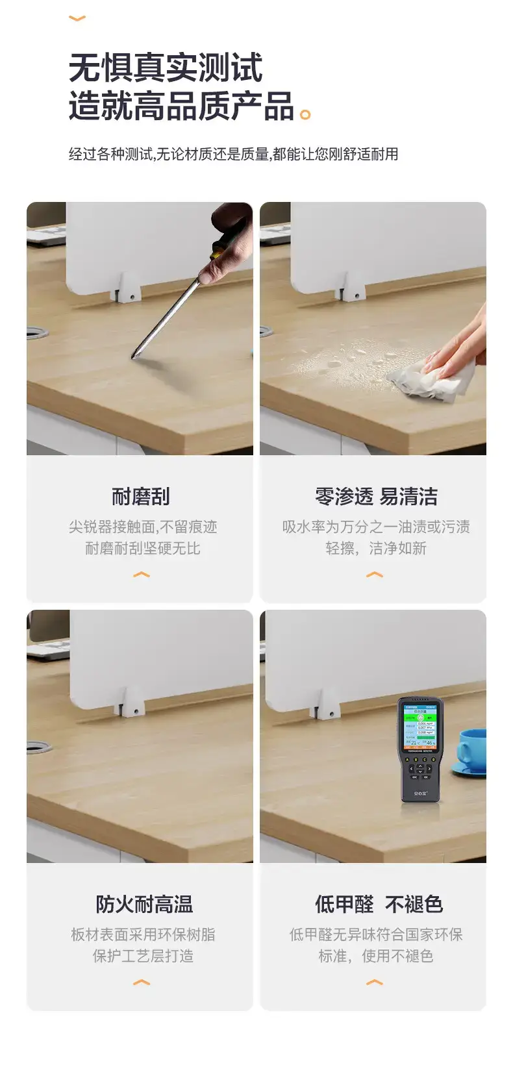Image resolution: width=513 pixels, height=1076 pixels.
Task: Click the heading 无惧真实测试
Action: (166, 68)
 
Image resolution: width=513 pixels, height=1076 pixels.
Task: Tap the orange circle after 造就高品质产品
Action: (305, 115)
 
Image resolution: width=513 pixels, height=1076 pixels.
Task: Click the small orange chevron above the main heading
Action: (77, 19)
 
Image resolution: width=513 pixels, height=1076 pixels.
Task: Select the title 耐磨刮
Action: (141, 496)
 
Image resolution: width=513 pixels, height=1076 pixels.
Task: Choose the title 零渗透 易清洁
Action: (376, 496)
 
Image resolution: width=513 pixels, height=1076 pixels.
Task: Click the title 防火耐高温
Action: (144, 904)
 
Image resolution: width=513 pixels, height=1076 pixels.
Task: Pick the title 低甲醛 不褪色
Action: (379, 904)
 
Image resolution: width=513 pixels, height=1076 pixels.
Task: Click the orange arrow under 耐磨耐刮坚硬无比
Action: (141, 574)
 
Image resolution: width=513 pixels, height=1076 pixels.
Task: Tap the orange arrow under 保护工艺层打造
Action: (141, 982)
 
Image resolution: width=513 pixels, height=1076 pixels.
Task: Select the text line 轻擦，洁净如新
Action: (376, 548)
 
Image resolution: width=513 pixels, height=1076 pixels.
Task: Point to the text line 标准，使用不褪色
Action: (376, 956)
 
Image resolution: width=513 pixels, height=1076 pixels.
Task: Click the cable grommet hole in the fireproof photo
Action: (38, 747)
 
